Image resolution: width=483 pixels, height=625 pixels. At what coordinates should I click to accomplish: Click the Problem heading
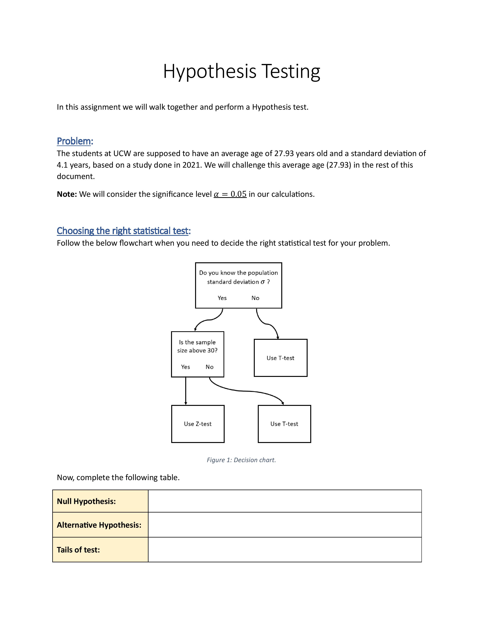74,141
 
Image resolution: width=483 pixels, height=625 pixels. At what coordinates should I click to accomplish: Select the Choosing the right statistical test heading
123,231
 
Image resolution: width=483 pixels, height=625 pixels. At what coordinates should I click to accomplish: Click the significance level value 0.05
238,194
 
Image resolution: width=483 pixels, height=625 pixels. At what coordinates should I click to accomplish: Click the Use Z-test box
198,424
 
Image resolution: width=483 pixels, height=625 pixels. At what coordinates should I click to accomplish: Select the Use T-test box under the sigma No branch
280,358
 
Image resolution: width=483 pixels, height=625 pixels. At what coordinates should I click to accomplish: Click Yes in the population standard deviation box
222,298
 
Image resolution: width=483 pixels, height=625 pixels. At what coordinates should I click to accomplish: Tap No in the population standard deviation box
255,298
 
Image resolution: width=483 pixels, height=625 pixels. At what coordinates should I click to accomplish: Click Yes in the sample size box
185,367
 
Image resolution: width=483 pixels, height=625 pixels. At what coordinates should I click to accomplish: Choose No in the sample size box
209,367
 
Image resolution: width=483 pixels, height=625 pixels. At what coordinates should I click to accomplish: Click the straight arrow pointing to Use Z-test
186,391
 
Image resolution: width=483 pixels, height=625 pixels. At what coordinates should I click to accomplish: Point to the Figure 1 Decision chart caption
241,460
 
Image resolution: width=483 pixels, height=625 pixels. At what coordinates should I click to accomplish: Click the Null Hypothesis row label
86,501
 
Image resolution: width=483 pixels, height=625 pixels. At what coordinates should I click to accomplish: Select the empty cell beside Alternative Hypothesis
285,525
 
